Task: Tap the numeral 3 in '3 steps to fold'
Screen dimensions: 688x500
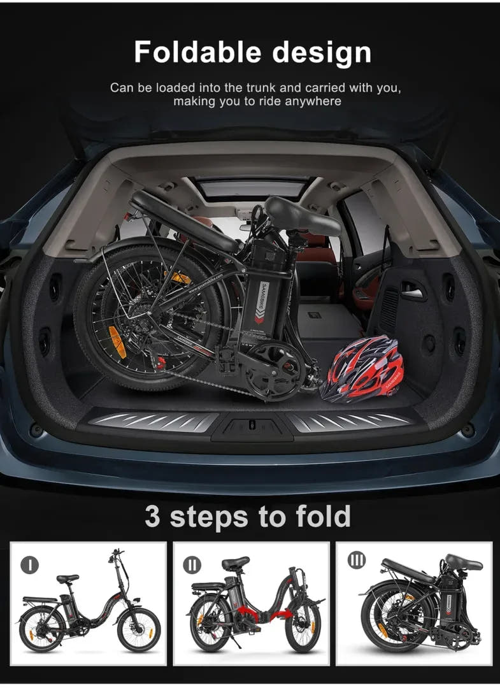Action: [152, 516]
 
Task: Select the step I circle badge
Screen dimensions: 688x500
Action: [29, 564]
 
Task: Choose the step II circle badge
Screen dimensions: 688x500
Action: [192, 564]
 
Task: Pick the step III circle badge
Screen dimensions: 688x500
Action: [357, 561]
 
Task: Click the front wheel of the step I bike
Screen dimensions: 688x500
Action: [138, 629]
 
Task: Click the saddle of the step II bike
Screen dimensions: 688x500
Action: [235, 563]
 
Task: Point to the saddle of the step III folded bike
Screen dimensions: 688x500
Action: [463, 562]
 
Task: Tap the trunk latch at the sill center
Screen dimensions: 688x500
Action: [252, 427]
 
